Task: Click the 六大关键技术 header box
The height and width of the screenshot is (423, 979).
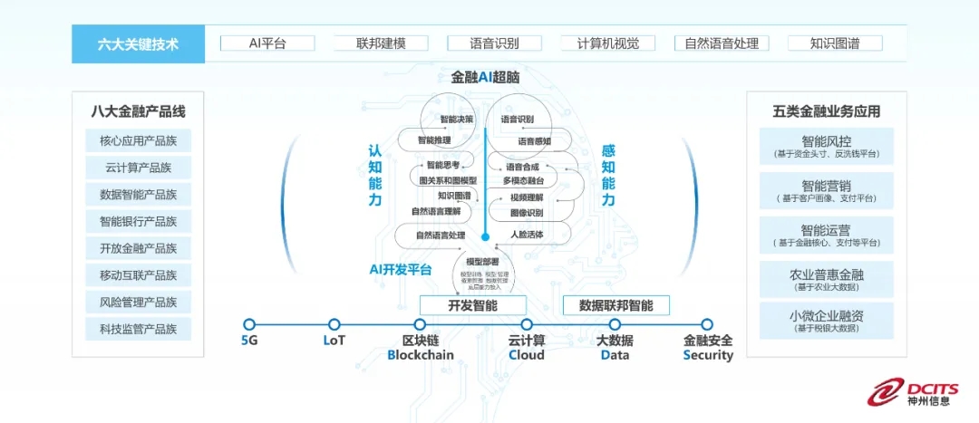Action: click(139, 43)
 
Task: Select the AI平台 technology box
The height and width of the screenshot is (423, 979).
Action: click(267, 43)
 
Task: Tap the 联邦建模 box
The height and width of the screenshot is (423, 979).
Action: click(381, 43)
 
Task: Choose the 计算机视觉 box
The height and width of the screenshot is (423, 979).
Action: click(607, 43)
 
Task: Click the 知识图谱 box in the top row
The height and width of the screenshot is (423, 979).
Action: click(835, 43)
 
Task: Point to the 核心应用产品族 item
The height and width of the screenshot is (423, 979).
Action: click(139, 140)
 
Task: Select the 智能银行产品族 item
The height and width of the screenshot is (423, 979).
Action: click(139, 221)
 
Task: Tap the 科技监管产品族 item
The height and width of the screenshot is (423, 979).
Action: click(139, 329)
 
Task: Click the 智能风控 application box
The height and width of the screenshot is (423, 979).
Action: click(826, 146)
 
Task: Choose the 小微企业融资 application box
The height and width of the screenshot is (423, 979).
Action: click(826, 321)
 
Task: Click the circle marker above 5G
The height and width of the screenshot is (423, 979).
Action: click(249, 324)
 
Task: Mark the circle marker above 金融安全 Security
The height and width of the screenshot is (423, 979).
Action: click(707, 324)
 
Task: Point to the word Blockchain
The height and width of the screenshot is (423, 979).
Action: click(421, 355)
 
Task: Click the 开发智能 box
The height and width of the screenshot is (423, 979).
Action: click(472, 305)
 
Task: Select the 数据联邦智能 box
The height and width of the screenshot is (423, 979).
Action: click(616, 305)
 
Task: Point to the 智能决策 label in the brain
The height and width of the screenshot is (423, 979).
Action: click(457, 120)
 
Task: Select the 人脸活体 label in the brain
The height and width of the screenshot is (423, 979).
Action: click(526, 236)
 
